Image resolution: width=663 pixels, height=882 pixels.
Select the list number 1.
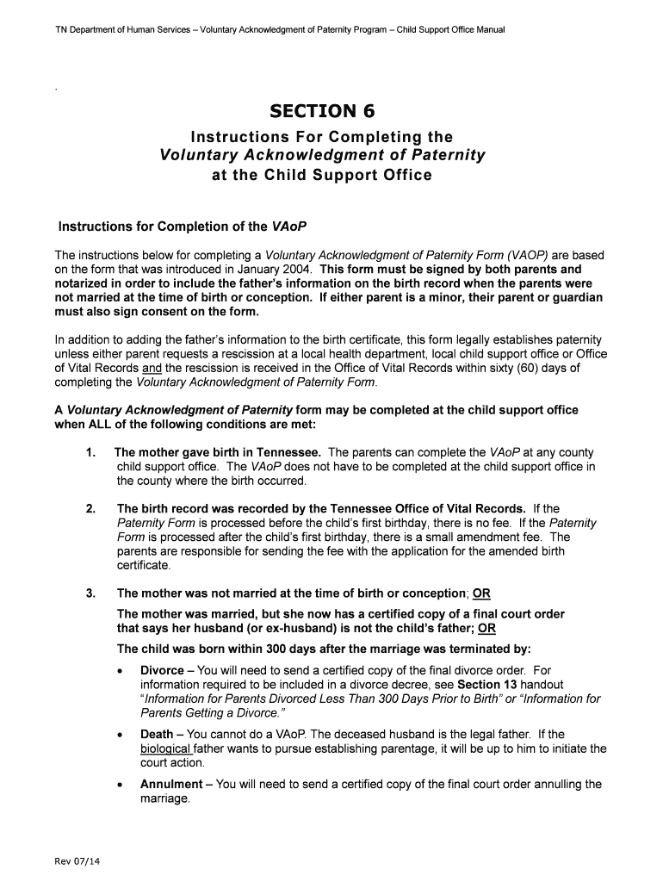coord(90,452)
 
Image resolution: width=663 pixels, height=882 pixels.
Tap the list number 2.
coord(90,508)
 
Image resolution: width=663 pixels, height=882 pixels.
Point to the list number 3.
coord(90,593)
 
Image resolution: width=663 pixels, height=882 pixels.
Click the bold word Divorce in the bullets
coord(162,670)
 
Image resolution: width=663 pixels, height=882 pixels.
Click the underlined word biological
coord(165,748)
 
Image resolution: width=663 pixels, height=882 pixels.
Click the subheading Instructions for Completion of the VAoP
coord(183,227)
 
